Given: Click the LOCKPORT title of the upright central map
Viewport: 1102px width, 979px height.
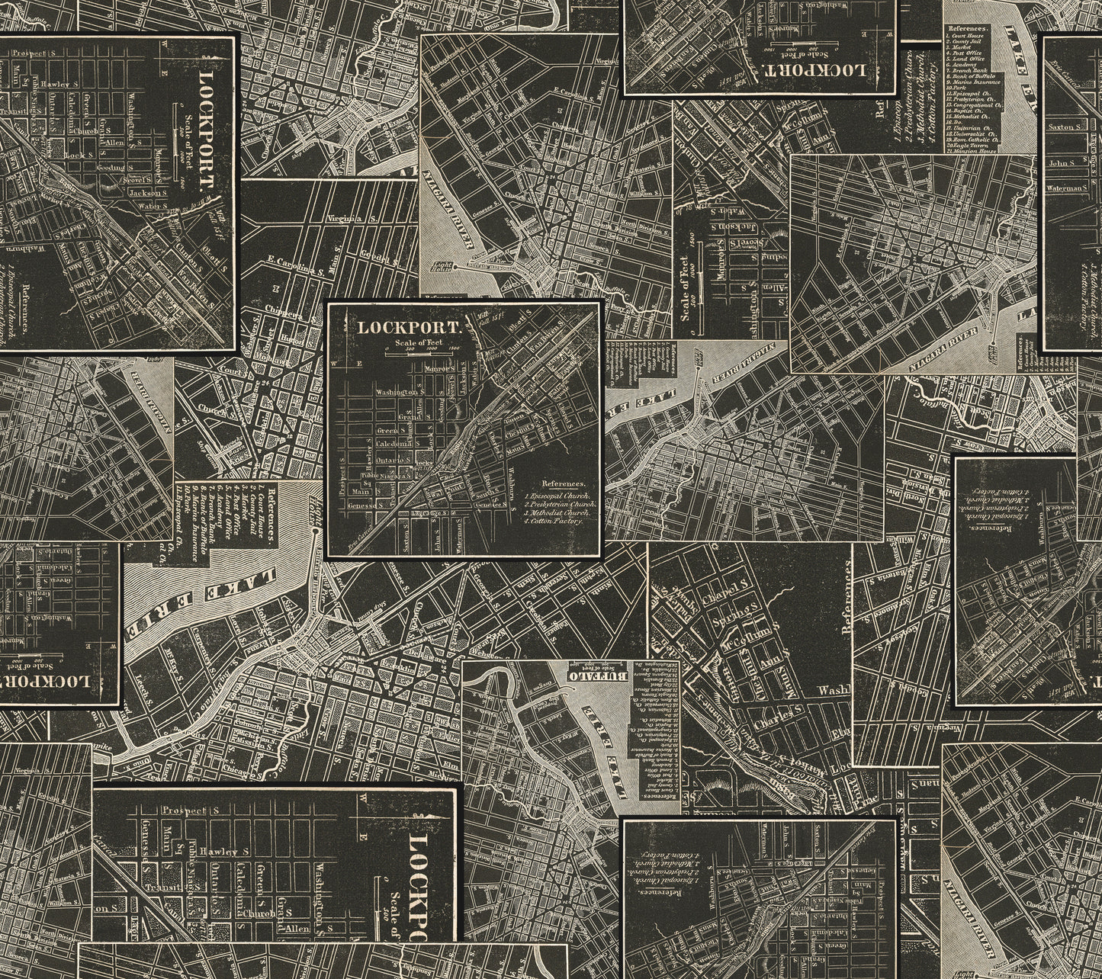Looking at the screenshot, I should tap(410, 328).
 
